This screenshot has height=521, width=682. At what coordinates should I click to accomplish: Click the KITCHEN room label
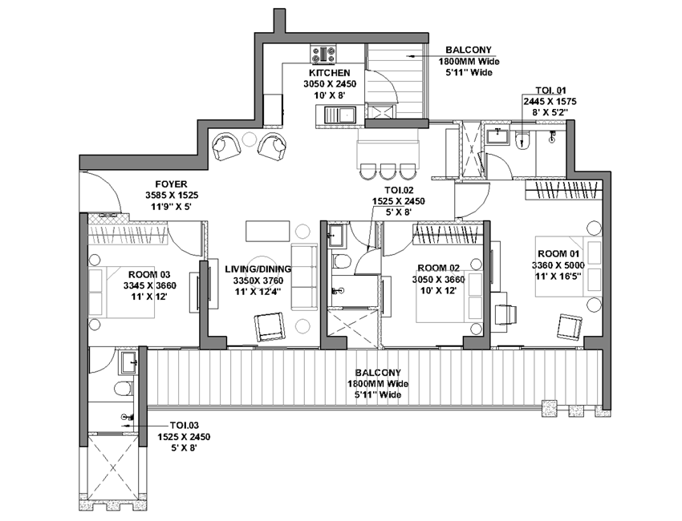point(330,73)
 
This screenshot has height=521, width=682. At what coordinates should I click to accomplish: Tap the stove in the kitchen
point(323,55)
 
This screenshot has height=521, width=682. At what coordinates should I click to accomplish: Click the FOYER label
point(172,184)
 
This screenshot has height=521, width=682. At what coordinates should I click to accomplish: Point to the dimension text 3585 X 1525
point(172,196)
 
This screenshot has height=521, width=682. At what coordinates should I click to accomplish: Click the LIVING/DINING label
point(258,269)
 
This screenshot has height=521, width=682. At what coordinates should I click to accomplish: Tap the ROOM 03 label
point(149,275)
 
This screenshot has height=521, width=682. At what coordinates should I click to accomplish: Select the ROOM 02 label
point(438,268)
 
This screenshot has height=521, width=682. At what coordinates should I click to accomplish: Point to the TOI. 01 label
point(550,91)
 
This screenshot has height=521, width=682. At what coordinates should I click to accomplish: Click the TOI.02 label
point(399,190)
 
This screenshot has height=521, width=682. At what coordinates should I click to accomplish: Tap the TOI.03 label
point(185,426)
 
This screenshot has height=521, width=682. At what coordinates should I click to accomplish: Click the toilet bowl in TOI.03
point(124,388)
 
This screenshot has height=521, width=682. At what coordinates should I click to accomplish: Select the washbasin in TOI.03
point(128,362)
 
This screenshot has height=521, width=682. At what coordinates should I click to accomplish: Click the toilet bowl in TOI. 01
point(521,141)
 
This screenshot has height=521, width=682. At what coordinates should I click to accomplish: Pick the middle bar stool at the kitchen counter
point(387,172)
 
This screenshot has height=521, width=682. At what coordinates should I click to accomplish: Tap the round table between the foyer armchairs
point(250,139)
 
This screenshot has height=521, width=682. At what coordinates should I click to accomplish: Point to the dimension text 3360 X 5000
point(558,265)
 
